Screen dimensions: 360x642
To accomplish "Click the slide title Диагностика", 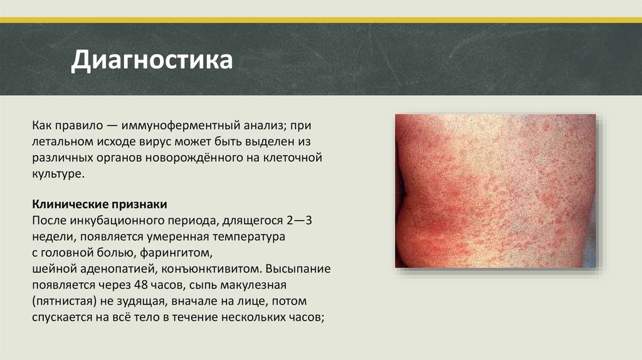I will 152,61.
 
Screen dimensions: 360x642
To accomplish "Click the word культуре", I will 57,174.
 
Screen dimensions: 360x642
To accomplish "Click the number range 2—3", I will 296,222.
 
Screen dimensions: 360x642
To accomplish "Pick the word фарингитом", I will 177,254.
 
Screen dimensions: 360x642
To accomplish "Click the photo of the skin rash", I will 495,191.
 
